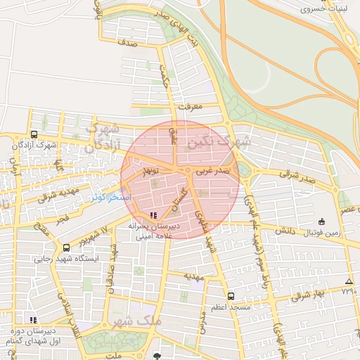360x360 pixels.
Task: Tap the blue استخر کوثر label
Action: [x=111, y=198]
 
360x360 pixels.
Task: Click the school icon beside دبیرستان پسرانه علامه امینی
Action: [x=154, y=216]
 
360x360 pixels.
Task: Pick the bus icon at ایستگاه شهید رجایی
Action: [x=66, y=247]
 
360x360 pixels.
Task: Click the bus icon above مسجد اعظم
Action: [x=231, y=296]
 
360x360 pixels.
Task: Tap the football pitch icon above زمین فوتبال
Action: [x=321, y=221]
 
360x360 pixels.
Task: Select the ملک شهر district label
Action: [x=136, y=321]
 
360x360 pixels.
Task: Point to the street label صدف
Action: [x=127, y=43]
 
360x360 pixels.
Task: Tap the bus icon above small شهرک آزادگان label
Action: [x=34, y=134]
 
